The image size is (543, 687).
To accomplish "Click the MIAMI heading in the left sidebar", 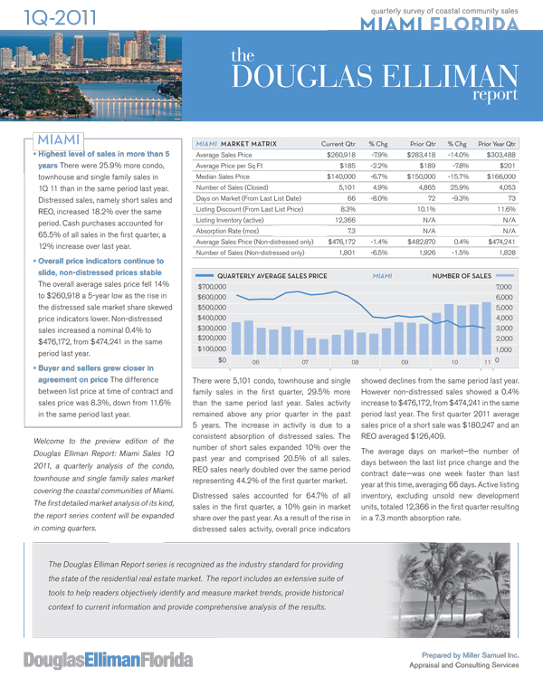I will coord(60,140).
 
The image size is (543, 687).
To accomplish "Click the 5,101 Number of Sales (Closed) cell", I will coord(342,193).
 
